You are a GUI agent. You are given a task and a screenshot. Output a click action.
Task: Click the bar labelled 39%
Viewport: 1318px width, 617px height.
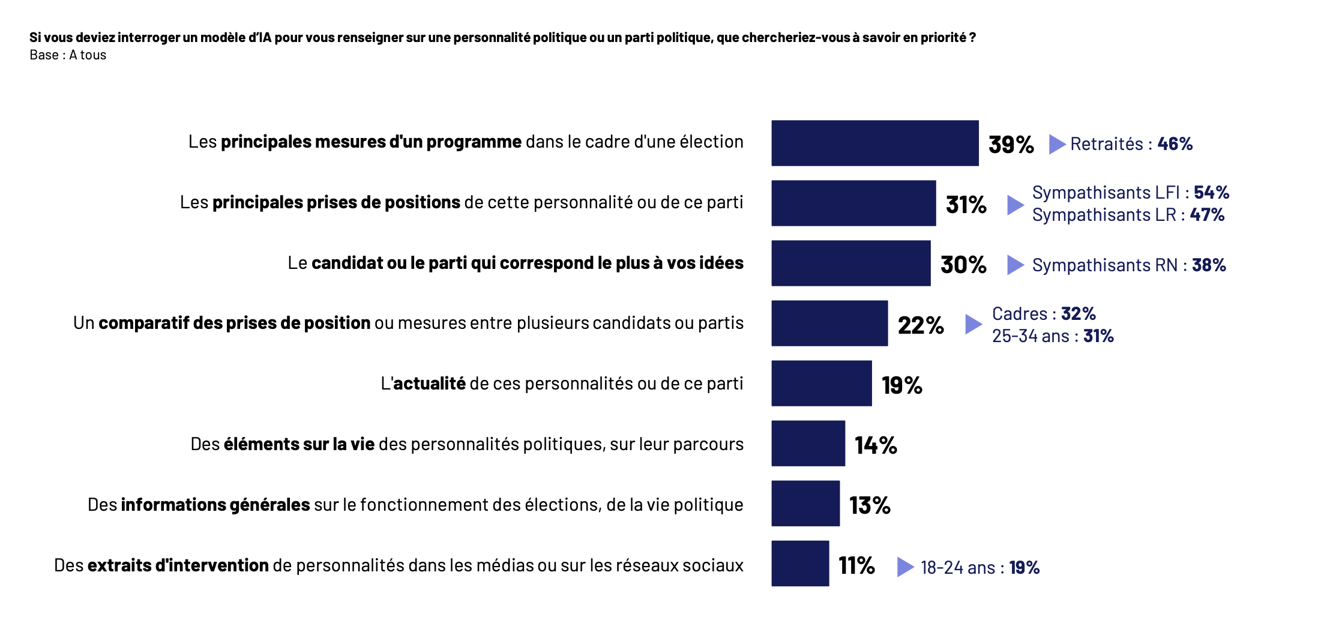click(x=874, y=143)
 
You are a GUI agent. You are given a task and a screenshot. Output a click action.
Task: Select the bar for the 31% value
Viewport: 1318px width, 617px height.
click(x=853, y=203)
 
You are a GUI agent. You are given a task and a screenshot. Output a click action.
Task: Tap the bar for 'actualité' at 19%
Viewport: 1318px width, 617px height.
click(x=821, y=384)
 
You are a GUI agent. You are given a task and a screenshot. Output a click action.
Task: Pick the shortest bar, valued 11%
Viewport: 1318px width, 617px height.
click(x=800, y=564)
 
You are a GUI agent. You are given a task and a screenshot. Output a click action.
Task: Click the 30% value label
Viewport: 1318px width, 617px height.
click(x=963, y=265)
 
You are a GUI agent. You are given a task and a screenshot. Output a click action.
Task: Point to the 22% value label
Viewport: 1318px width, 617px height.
click(x=921, y=325)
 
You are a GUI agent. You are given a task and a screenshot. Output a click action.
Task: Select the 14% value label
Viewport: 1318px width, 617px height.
click(x=876, y=445)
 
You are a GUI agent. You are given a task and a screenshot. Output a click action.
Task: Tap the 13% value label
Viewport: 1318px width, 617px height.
click(x=870, y=505)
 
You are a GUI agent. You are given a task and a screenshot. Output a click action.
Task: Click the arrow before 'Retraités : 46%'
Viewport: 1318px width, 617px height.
click(x=1057, y=144)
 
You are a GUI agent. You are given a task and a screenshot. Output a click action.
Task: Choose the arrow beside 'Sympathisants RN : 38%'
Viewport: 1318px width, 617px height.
click(x=1015, y=265)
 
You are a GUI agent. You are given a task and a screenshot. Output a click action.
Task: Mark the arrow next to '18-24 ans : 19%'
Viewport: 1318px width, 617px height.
click(x=905, y=567)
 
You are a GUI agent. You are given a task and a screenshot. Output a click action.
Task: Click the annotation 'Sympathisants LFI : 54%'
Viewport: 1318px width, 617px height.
click(x=1130, y=192)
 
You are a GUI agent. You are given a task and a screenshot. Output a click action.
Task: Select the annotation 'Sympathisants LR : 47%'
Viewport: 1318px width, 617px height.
click(x=1128, y=215)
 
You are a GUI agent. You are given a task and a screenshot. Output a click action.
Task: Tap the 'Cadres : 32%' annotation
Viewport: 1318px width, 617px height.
click(x=1044, y=313)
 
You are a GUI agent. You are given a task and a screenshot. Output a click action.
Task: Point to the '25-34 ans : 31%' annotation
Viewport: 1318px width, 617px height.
click(x=1053, y=336)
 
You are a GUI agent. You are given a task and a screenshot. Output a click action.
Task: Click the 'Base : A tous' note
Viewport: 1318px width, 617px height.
click(x=68, y=55)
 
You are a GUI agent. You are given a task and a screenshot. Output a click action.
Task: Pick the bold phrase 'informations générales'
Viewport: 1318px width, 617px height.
click(x=215, y=505)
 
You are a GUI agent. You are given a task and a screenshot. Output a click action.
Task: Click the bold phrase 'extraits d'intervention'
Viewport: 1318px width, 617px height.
click(x=178, y=565)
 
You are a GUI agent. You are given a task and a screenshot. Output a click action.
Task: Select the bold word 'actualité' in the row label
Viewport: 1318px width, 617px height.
click(x=429, y=384)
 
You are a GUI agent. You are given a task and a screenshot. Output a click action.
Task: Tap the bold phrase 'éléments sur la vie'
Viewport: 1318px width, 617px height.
click(x=299, y=444)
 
